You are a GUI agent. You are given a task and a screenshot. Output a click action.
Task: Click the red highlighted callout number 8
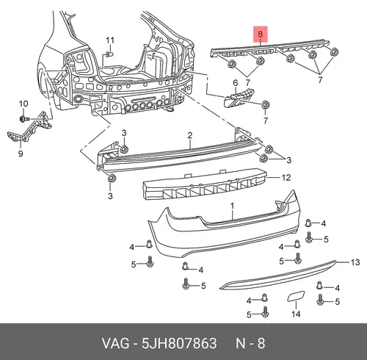pyautogui.click(x=260, y=34)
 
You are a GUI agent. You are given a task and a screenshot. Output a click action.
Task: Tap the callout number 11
pyautogui.click(x=110, y=40)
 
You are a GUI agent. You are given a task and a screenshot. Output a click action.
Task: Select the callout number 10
pyautogui.click(x=23, y=104)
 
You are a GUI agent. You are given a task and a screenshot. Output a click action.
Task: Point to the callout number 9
pyautogui.click(x=21, y=154)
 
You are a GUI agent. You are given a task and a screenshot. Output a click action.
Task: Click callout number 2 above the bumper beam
pyautogui.click(x=190, y=135)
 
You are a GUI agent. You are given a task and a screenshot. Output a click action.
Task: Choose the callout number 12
pyautogui.click(x=286, y=177)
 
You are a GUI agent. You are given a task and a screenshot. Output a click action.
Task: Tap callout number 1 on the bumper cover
pyautogui.click(x=232, y=206)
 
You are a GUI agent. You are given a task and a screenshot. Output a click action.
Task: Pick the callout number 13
pyautogui.click(x=355, y=262)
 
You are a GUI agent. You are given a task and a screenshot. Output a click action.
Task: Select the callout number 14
pyautogui.click(x=296, y=314)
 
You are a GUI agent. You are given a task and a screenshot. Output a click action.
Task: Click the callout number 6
pyautogui.click(x=236, y=83)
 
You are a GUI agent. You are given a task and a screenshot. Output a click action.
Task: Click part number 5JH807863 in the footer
pyautogui.click(x=179, y=343)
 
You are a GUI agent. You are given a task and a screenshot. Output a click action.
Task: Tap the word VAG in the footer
pyautogui.click(x=115, y=343)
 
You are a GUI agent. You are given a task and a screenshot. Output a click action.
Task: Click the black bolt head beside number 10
pyautogui.click(x=23, y=119)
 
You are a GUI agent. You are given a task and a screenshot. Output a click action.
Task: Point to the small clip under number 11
pyautogui.click(x=109, y=54)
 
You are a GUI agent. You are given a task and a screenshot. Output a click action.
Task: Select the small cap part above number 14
pyautogui.click(x=296, y=296)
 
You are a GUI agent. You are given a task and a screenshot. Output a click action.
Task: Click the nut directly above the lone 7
pyautogui.click(x=266, y=105)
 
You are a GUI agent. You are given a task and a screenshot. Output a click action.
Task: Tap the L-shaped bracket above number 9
pyautogui.click(x=29, y=127)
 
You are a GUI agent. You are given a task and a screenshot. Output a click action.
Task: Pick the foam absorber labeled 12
pyautogui.click(x=205, y=184)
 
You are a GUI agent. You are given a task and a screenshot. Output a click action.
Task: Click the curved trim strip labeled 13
pyautogui.click(x=277, y=275)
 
